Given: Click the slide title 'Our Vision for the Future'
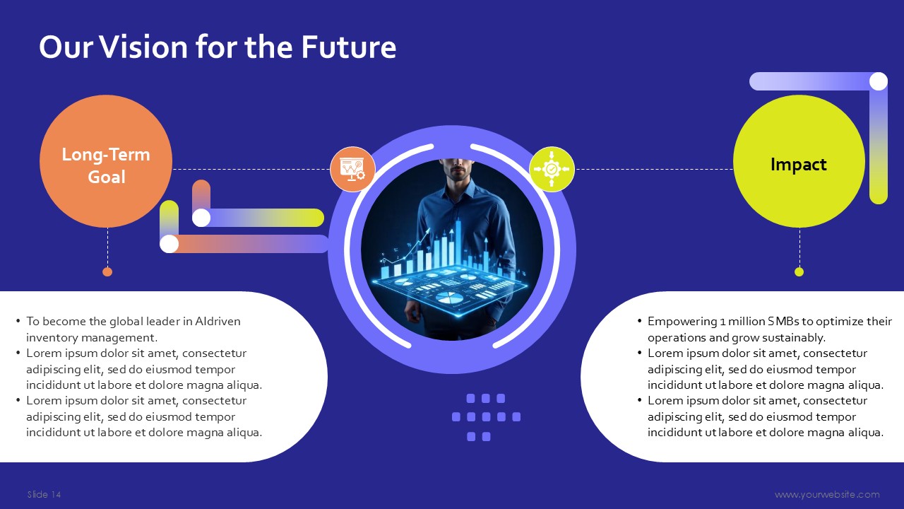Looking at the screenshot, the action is (x=218, y=47).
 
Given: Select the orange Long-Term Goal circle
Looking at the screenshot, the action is (x=106, y=161).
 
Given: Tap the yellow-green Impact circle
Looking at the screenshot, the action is (x=799, y=161).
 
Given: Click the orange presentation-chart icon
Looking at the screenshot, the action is (x=352, y=169).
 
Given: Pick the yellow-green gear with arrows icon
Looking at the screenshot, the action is (x=552, y=169).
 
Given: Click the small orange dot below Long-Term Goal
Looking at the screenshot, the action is (x=107, y=272).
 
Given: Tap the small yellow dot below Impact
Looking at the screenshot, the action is (x=799, y=272).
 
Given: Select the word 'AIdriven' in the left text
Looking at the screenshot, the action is (x=218, y=321).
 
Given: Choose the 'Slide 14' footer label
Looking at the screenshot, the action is (x=44, y=494).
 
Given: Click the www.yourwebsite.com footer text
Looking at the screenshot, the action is (x=827, y=494).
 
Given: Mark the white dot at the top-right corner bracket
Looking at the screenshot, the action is (x=879, y=81).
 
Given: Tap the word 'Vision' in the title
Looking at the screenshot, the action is (x=143, y=47).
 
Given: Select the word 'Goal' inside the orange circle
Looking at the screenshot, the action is (x=107, y=177).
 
